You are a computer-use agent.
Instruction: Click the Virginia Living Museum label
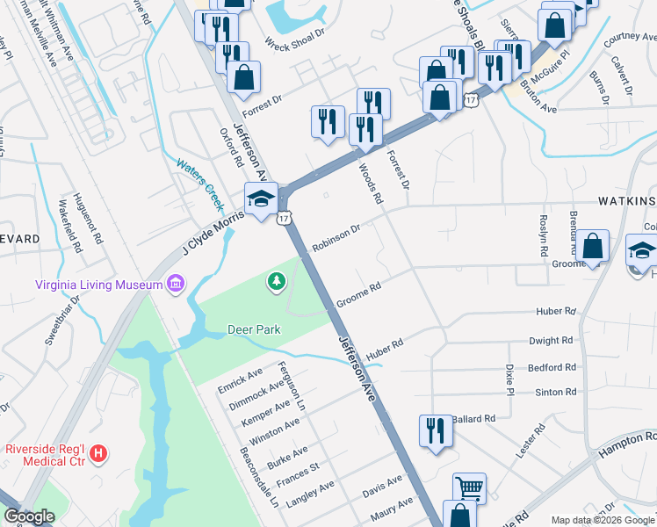coord(97,285)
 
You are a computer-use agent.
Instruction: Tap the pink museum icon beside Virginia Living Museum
coord(175,284)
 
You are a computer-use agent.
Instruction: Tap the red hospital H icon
coord(99,453)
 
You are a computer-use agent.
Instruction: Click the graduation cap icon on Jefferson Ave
coord(261,199)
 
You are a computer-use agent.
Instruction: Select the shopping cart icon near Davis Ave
coord(469,487)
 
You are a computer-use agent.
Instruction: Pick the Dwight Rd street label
coord(551,339)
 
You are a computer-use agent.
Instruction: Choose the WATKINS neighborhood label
coord(626,201)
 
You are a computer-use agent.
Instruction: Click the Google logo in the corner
coord(30,516)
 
